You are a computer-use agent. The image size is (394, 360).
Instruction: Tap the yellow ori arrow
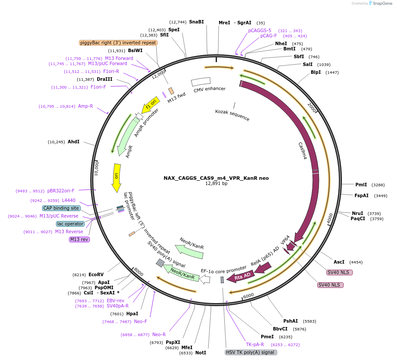116,177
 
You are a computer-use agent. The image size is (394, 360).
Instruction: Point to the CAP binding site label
61,208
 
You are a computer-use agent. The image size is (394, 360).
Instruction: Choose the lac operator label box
70,224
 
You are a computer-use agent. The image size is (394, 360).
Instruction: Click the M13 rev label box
79,239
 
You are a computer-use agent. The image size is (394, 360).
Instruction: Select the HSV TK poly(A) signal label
251,352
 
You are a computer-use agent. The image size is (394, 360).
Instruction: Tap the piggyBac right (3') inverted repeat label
118,43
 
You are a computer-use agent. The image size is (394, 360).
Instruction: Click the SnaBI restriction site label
196,22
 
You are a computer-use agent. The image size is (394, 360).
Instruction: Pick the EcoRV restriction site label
96,274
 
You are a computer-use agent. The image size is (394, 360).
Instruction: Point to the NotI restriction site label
200,353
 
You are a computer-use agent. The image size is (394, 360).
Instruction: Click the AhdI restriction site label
73,142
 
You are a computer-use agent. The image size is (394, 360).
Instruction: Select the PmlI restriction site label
361,185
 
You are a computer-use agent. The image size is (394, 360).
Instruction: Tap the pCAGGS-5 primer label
259,30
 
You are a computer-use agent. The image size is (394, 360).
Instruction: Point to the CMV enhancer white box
201,82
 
